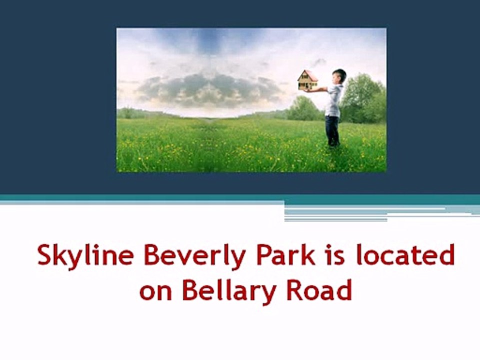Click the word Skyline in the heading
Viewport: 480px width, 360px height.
85,256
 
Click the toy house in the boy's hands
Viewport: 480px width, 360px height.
308,80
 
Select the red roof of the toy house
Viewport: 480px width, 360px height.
308,75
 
